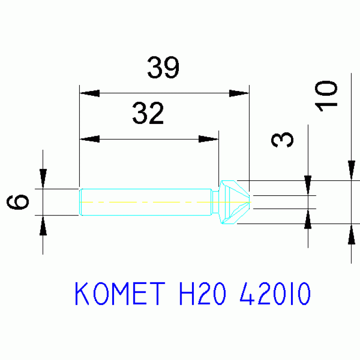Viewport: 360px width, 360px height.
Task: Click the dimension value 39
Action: pos(163,68)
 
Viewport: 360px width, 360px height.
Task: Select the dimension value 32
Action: pos(148,114)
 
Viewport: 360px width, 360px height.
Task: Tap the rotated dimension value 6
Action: pos(18,202)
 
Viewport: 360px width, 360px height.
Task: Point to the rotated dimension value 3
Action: pos(283,140)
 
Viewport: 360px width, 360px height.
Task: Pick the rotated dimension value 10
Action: pos(326,96)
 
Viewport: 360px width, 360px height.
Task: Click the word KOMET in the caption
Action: pos(120,294)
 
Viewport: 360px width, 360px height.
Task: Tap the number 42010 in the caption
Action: pos(275,294)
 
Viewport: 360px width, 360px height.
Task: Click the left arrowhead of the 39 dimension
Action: pos(90,93)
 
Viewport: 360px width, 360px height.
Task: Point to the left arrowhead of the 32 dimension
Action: pos(90,139)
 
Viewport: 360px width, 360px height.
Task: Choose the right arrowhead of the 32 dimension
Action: pos(208,139)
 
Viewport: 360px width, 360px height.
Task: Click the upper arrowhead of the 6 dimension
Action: pos(43,178)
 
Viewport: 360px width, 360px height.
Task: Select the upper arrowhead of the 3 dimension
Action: pos(308,185)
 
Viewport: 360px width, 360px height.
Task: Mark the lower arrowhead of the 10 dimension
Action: pos(351,234)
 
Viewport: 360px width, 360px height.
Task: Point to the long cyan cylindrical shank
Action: pos(146,202)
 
